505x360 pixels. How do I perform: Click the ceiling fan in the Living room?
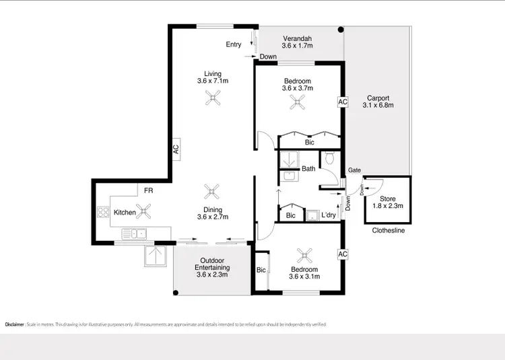click(x=213, y=100)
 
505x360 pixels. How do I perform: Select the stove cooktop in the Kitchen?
click(x=104, y=213)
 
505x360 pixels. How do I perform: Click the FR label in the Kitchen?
click(x=147, y=191)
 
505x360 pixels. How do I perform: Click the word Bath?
click(x=308, y=169)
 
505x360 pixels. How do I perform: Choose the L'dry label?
click(x=329, y=215)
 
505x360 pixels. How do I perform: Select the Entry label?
click(x=234, y=44)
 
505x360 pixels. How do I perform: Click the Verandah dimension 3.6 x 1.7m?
click(x=297, y=46)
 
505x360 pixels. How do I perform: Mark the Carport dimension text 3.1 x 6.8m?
click(x=377, y=105)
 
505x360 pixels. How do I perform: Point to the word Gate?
click(x=354, y=171)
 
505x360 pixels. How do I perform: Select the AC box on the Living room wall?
click(x=175, y=149)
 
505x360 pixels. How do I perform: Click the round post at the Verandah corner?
click(x=341, y=30)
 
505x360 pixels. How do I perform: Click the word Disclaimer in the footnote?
click(x=15, y=324)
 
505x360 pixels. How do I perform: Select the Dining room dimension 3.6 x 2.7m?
click(x=213, y=217)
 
